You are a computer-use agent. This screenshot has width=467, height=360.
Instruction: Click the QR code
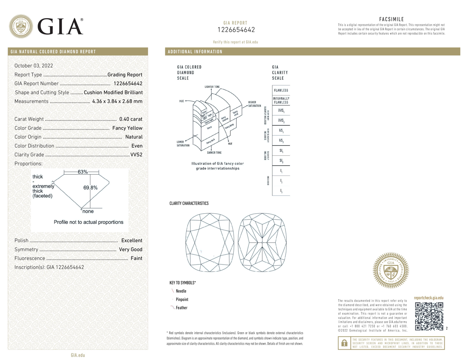point(429,316)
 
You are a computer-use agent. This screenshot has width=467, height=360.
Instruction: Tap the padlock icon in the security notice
point(344,343)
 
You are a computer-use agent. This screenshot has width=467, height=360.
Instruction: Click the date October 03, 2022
point(34,66)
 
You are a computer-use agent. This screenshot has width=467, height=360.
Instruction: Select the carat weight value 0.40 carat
point(131,119)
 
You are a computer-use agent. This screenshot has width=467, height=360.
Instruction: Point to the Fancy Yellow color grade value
point(127,128)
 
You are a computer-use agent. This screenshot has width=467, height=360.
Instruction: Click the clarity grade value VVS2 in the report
point(136,155)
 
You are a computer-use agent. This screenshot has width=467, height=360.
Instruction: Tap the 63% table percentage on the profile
point(83,172)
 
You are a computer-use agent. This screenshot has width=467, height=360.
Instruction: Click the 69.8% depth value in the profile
point(90,188)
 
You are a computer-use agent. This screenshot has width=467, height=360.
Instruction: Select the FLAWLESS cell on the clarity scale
point(281,90)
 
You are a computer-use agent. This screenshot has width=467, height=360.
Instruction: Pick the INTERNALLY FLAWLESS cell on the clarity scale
point(281,100)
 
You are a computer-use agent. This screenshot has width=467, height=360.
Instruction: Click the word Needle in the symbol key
point(181,291)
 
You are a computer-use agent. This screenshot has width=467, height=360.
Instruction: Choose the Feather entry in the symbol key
point(181,308)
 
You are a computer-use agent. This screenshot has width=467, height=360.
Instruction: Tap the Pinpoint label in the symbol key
point(182,300)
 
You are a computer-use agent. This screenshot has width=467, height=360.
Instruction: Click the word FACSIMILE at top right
point(391,19)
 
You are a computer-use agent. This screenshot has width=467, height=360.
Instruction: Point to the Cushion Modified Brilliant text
point(113,93)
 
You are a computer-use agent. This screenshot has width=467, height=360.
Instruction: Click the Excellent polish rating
point(132,241)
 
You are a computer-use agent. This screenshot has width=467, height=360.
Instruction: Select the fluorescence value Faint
point(136,258)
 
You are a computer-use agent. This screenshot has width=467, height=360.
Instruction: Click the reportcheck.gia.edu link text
point(429,298)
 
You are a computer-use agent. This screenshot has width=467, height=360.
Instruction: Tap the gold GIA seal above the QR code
point(391,270)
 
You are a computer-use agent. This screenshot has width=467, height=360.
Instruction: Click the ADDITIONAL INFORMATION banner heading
point(195,52)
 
